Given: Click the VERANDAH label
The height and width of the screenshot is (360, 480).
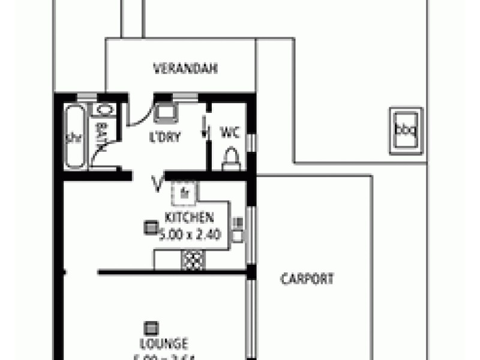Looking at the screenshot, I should [185, 68].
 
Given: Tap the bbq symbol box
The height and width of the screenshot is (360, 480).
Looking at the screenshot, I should [406, 130].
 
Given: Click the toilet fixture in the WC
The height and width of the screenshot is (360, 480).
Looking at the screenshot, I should [231, 158].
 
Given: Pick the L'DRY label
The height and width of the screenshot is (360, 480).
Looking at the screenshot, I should [165, 136].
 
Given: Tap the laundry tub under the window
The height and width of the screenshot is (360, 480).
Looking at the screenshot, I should [165, 112].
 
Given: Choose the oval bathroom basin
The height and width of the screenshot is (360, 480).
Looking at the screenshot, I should [104, 110].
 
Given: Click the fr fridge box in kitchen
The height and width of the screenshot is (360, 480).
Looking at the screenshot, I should [184, 193].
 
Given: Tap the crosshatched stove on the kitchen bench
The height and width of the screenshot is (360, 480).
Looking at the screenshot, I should [193, 260].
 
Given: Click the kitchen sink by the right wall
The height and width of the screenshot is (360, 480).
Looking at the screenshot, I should [238, 230].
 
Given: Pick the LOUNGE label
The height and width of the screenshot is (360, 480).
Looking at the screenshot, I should [163, 344].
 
